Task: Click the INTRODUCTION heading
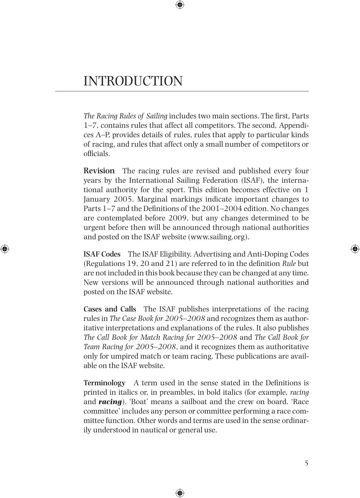[x=133, y=81]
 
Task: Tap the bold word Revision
[x=99, y=171]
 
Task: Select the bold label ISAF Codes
[x=102, y=254]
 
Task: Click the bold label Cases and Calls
[x=110, y=309]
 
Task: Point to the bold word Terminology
[x=104, y=383]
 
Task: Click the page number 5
[x=306, y=463]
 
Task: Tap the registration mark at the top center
[x=180, y=5]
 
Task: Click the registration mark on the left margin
[x=4, y=249]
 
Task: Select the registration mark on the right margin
[x=355, y=249]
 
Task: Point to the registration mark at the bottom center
[x=180, y=493]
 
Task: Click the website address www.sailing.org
[x=218, y=237]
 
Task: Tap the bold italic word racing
[x=110, y=402]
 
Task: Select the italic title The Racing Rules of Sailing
[x=125, y=116]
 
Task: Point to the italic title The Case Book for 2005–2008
[x=157, y=318]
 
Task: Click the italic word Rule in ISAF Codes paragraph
[x=289, y=263]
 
